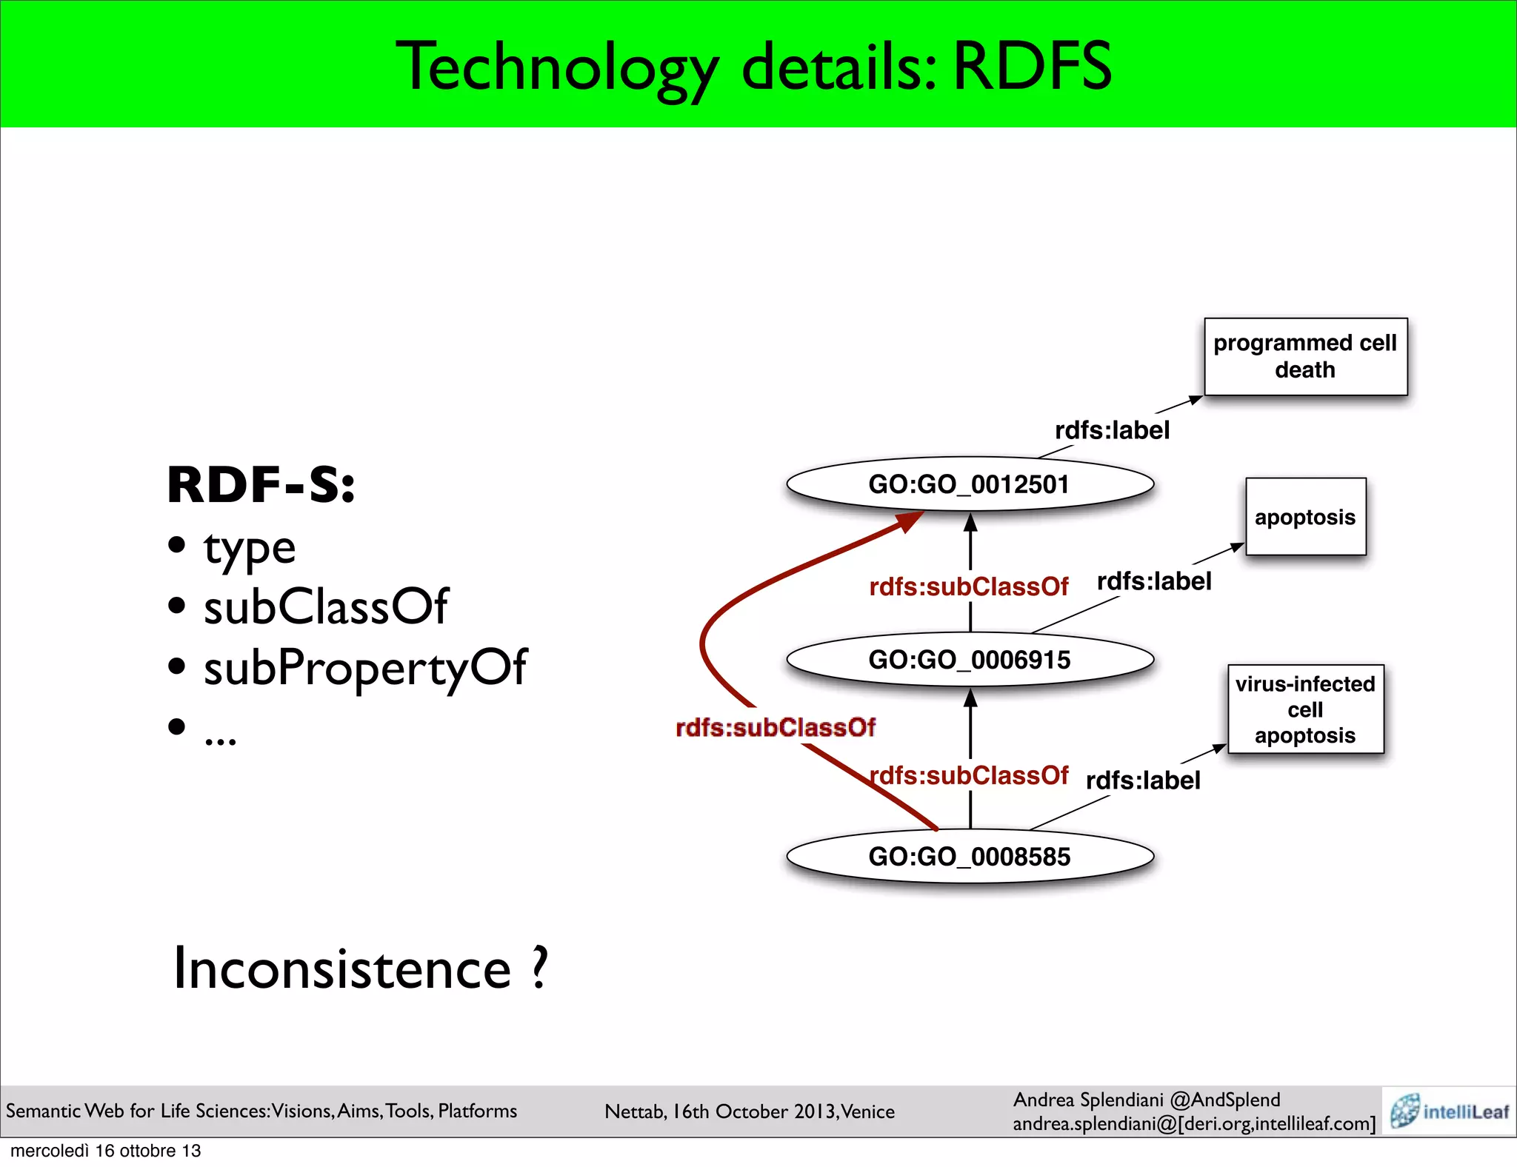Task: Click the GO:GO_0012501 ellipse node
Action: [x=970, y=484]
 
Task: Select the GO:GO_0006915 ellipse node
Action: [x=970, y=660]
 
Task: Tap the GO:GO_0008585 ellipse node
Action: [x=970, y=857]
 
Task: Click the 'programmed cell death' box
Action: [x=1305, y=357]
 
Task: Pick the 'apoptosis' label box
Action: [x=1305, y=517]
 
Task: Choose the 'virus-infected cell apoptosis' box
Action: [x=1305, y=709]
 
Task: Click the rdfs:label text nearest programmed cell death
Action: [x=1112, y=430]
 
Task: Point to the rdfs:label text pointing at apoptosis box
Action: [x=1154, y=581]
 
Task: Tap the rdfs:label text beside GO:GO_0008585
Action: [x=1143, y=780]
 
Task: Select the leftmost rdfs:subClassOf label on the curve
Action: [x=776, y=728]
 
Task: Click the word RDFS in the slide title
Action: [x=1032, y=67]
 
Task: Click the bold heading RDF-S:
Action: [x=261, y=485]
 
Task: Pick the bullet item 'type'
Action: [x=250, y=549]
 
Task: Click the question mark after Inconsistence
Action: [x=540, y=968]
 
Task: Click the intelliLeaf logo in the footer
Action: [x=1449, y=1111]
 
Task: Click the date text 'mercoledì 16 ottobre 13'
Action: [x=106, y=1151]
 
